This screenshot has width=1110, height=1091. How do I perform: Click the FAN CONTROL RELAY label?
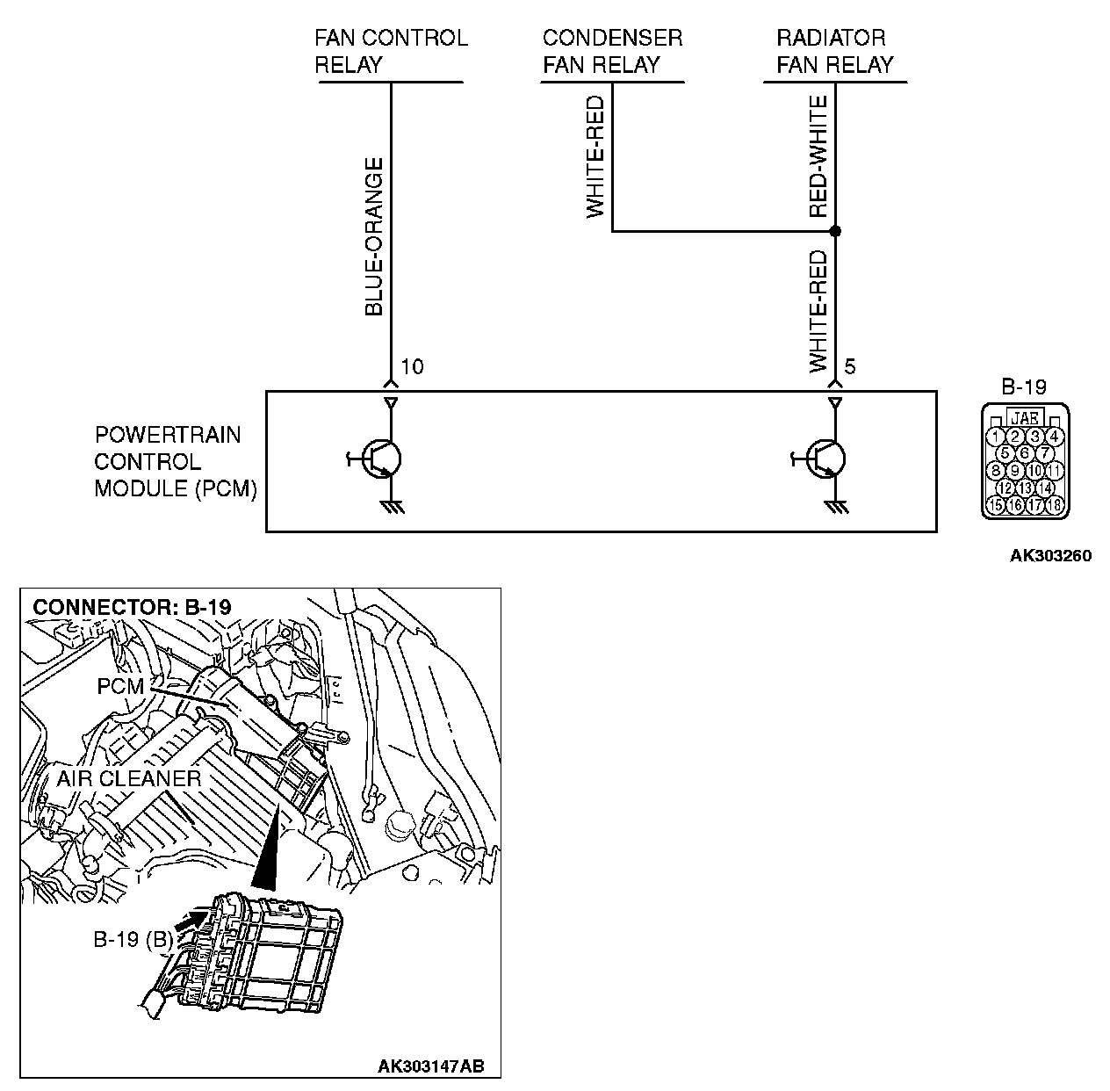[x=391, y=51]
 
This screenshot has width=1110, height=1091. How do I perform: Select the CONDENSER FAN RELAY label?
[x=612, y=51]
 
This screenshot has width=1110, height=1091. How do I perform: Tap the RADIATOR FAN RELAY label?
[x=834, y=51]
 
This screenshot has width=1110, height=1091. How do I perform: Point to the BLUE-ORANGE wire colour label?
[x=374, y=236]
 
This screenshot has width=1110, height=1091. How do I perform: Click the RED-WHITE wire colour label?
[x=818, y=156]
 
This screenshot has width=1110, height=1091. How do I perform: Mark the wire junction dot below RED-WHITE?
[x=835, y=231]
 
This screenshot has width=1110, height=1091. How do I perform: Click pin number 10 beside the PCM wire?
[x=412, y=366]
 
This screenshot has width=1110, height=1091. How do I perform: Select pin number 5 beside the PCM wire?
[x=850, y=366]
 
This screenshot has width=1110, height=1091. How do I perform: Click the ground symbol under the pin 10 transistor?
[x=392, y=507]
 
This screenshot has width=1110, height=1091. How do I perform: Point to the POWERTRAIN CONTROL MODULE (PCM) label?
[x=175, y=462]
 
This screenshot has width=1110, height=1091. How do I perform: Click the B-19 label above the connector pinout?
[x=1024, y=387]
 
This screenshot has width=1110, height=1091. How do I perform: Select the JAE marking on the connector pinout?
[x=1025, y=417]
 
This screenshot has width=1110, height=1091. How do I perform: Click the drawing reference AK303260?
[x=1050, y=555]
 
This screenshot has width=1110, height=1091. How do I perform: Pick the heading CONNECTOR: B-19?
[x=132, y=607]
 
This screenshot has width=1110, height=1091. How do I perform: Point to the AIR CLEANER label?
[x=128, y=778]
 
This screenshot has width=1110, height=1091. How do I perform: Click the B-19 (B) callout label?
[x=133, y=939]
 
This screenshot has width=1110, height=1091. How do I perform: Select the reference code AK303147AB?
[x=431, y=1066]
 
